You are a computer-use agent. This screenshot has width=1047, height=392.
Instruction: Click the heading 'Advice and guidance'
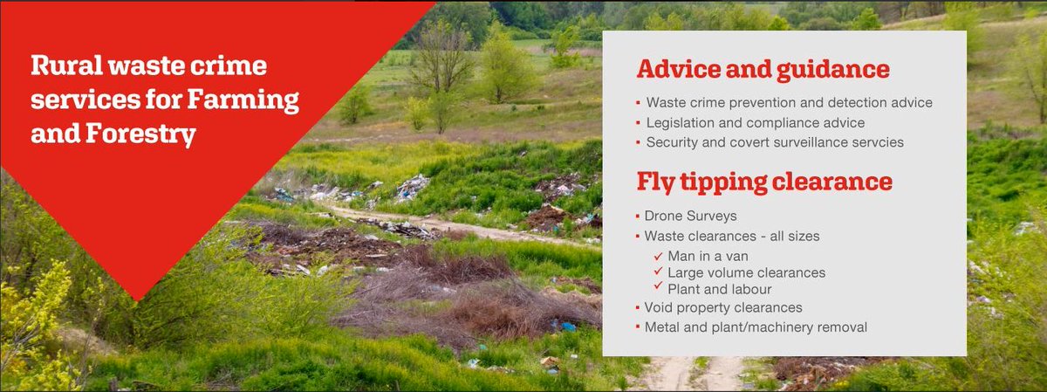(763, 70)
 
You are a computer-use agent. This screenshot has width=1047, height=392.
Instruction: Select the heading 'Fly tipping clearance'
(763, 182)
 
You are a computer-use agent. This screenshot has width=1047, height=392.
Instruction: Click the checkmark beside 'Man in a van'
(659, 256)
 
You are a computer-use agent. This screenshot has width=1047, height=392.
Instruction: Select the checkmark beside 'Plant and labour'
(659, 288)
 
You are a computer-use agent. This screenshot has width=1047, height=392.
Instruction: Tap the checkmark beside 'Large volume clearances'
(659, 272)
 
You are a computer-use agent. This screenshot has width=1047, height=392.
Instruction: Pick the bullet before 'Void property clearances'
(638, 307)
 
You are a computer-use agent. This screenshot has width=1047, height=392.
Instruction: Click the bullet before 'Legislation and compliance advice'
(638, 122)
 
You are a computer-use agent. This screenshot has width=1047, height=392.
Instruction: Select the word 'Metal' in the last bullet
(662, 327)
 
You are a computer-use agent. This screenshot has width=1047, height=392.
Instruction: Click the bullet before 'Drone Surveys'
(638, 215)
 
